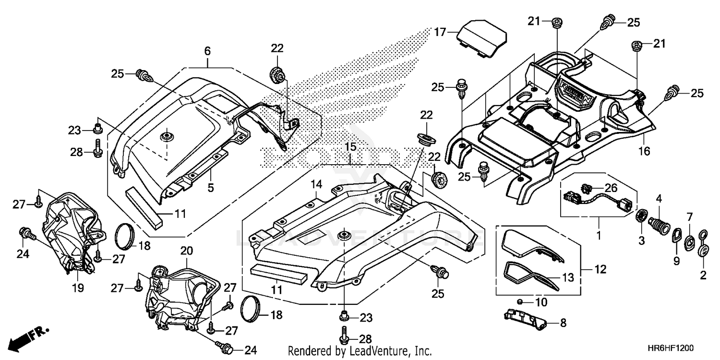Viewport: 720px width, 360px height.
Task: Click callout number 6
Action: coord(207,51)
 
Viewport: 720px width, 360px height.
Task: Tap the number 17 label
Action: coord(441,33)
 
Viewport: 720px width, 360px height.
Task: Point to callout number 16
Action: coord(644,152)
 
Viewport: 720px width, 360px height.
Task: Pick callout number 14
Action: coord(315,184)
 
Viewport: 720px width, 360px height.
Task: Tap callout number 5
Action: coord(210,188)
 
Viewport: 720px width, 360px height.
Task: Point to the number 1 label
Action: coord(599,236)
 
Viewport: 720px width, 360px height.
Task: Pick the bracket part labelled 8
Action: coord(524,320)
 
